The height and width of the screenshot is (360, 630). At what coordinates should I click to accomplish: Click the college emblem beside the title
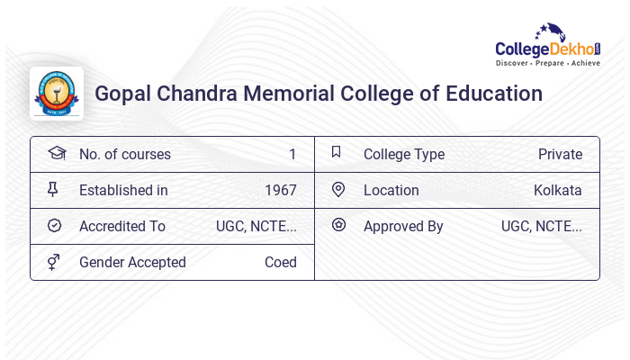(57, 94)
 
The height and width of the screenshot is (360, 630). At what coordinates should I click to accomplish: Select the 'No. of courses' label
(124, 155)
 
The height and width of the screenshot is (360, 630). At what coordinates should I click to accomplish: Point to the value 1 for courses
(292, 155)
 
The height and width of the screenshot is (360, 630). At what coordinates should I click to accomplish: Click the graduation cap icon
(56, 154)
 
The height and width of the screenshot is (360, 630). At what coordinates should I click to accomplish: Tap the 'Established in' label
(123, 191)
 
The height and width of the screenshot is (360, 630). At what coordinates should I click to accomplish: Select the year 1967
(280, 191)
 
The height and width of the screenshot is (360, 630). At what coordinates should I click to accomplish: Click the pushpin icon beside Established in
(54, 190)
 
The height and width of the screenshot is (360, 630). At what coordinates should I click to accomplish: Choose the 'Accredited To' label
(122, 227)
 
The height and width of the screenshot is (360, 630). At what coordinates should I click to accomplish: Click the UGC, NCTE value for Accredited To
(256, 227)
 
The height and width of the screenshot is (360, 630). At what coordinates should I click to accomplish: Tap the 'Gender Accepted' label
(132, 263)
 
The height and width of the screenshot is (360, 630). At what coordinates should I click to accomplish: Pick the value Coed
(280, 263)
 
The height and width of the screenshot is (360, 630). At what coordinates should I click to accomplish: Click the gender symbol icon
(54, 262)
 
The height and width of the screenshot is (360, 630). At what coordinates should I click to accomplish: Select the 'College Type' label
(403, 155)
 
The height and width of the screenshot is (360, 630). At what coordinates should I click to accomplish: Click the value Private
(560, 155)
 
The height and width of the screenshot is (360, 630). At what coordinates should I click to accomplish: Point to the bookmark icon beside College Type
(336, 152)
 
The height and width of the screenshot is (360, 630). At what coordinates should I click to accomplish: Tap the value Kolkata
(557, 191)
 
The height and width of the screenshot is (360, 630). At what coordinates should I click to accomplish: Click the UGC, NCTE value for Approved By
(541, 227)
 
